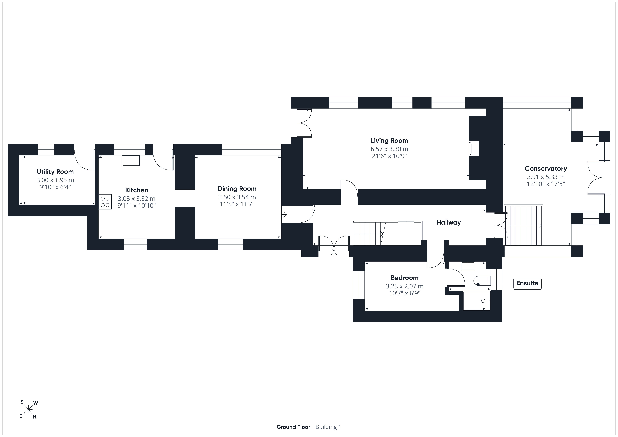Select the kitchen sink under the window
[131, 161]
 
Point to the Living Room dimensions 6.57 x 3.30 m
[389, 149]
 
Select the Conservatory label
[546, 169]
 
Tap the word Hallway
[449, 222]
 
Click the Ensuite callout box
[527, 283]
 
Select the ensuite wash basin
[468, 266]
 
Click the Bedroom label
[405, 278]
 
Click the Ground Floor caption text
[293, 427]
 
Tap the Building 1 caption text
[328, 427]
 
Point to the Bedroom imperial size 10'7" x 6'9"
[405, 293]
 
